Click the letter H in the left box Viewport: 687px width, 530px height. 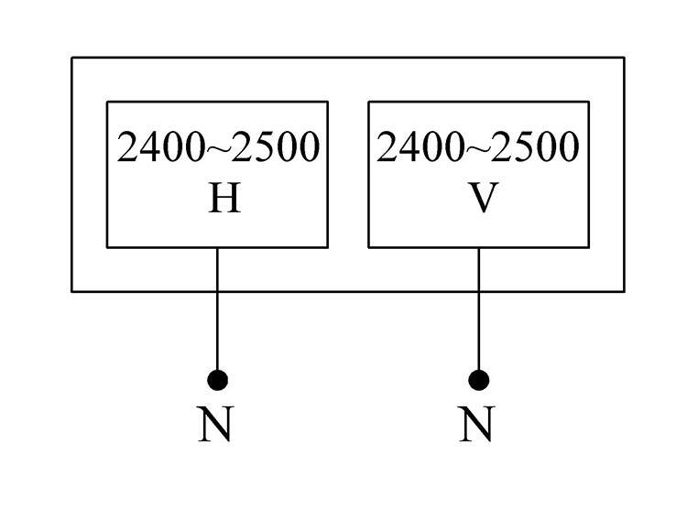point(224,199)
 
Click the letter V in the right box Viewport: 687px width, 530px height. point(483,199)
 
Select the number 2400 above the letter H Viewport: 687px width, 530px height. point(157,147)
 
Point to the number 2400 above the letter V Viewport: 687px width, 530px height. point(417,147)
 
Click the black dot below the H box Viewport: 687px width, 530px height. point(217,379)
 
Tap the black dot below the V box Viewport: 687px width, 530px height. point(478,379)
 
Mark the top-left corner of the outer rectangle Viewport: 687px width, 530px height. point(72,58)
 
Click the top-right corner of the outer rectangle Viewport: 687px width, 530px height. point(624,58)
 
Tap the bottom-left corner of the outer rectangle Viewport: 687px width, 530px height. point(72,291)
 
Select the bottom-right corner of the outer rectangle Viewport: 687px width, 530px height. point(624,291)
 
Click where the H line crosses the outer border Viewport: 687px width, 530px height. point(217,291)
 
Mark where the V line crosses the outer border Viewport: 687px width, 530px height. point(478,291)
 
